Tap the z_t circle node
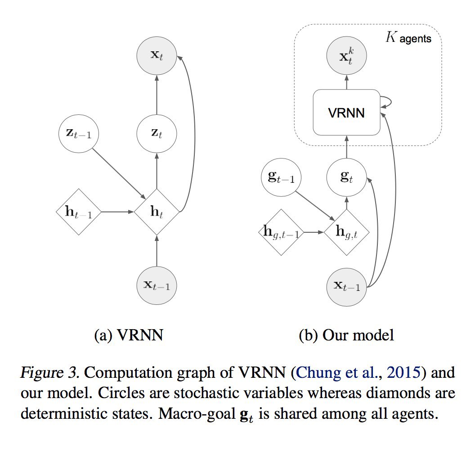tap(157, 134)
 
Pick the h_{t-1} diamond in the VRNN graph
tap(79, 212)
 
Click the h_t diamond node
tap(157, 212)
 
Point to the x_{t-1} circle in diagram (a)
tap(157, 285)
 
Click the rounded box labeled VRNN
tap(346, 113)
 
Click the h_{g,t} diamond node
tap(346, 232)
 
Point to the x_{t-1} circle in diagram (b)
tap(347, 286)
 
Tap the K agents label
tap(409, 38)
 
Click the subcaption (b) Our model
tap(346, 335)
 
